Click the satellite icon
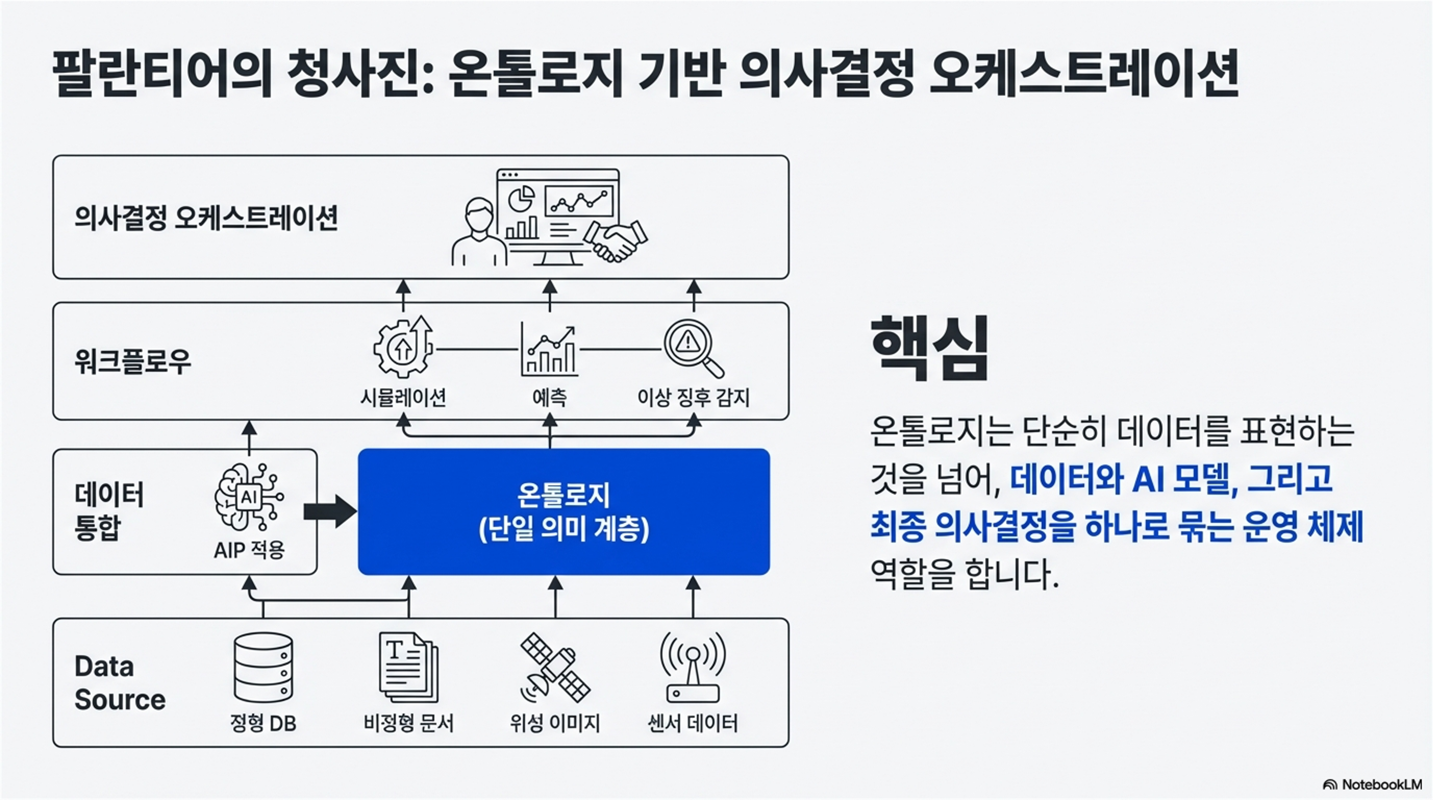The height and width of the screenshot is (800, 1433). click(x=555, y=667)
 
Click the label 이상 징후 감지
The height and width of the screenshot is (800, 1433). click(x=693, y=397)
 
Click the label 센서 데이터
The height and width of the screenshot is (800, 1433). click(x=693, y=723)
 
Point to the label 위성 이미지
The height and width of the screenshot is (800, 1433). click(x=555, y=723)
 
